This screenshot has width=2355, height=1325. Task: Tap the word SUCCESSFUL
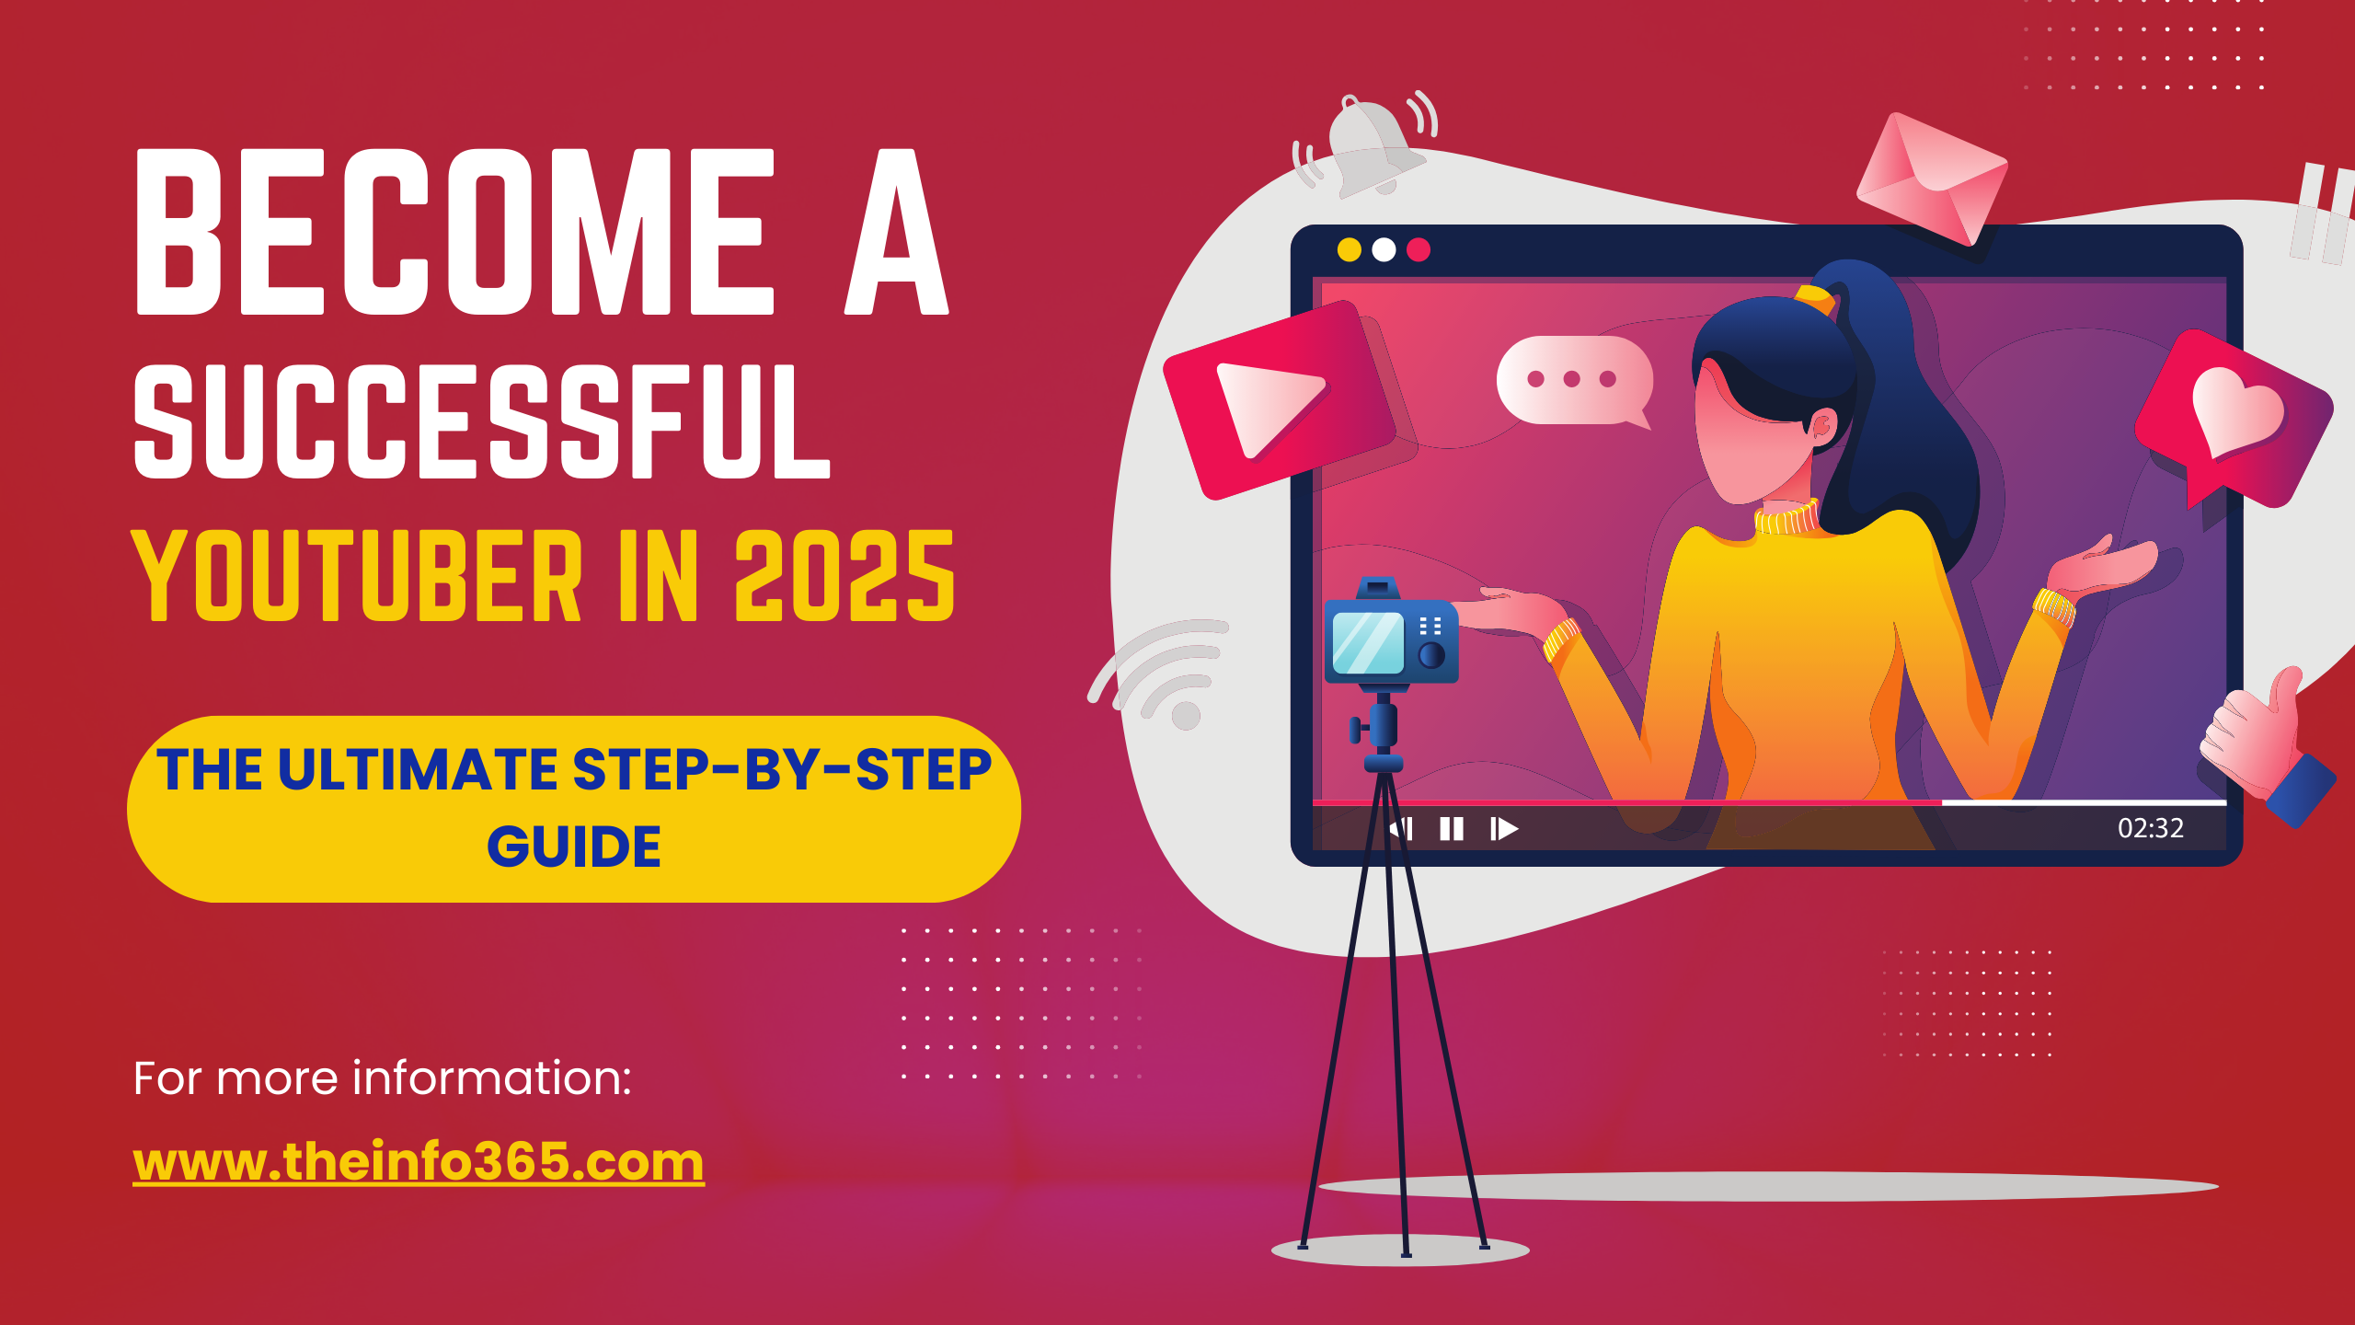pyautogui.click(x=482, y=421)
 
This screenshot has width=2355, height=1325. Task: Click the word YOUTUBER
pyautogui.click(x=357, y=576)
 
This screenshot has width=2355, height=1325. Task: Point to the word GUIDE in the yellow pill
pyautogui.click(x=574, y=847)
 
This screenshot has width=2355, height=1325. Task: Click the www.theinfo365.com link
pyautogui.click(x=419, y=1161)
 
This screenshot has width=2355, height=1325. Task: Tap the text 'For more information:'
pyautogui.click(x=383, y=1077)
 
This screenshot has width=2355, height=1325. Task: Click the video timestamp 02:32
pyautogui.click(x=2150, y=828)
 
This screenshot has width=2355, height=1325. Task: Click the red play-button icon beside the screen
pyautogui.click(x=1281, y=401)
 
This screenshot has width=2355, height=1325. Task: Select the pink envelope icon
pyautogui.click(x=1932, y=179)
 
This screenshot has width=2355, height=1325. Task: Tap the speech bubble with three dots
pyautogui.click(x=1574, y=380)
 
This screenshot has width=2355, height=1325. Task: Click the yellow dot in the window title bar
pyautogui.click(x=1350, y=249)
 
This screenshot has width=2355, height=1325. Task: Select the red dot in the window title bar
pyautogui.click(x=1419, y=249)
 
